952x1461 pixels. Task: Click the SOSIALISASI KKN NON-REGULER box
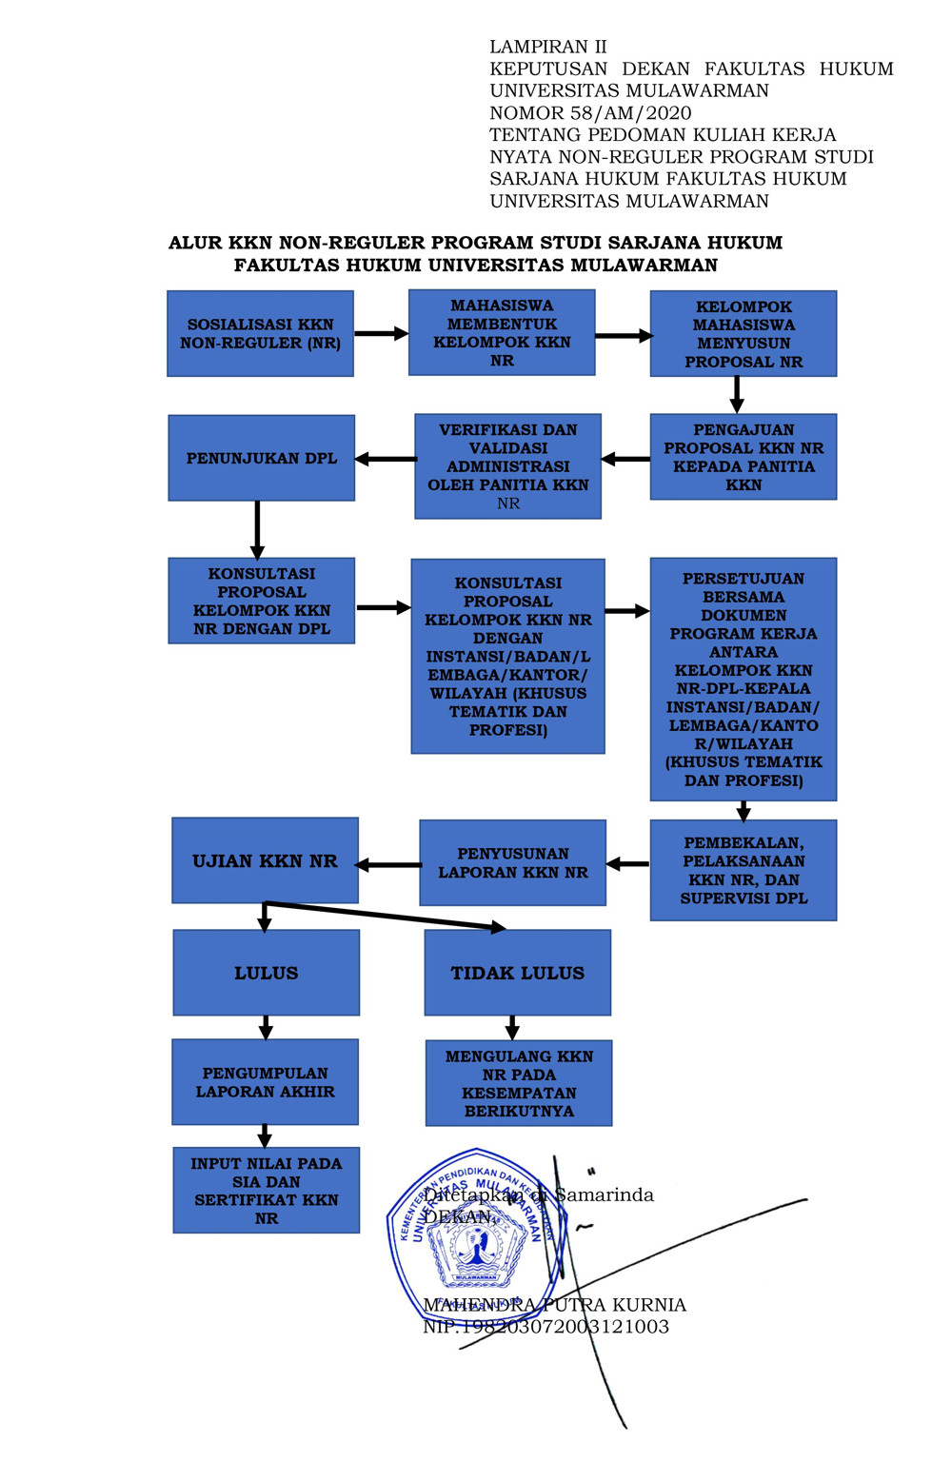pos(260,334)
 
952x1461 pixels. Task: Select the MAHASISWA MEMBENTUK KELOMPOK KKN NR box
pos(502,333)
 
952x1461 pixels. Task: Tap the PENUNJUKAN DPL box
pos(262,458)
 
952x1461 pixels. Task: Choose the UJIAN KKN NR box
pos(265,860)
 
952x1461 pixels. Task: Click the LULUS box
pos(267,973)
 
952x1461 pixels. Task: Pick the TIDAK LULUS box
pos(517,973)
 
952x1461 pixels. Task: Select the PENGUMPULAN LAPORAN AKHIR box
pos(265,1082)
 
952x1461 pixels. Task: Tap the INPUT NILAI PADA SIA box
pos(267,1191)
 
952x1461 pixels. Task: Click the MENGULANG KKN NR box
pos(519,1083)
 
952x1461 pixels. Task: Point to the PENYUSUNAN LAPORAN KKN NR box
pos(513,862)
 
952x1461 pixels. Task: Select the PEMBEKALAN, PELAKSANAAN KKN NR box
pos(744,870)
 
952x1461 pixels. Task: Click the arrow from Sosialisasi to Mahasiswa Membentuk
pos(381,334)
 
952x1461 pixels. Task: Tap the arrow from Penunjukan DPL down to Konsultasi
pos(257,528)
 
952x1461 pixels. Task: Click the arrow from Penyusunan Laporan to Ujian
pos(389,865)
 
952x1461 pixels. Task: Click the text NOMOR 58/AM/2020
pos(590,112)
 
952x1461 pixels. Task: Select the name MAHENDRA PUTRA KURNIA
pos(554,1305)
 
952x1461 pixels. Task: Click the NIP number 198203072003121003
pos(545,1327)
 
